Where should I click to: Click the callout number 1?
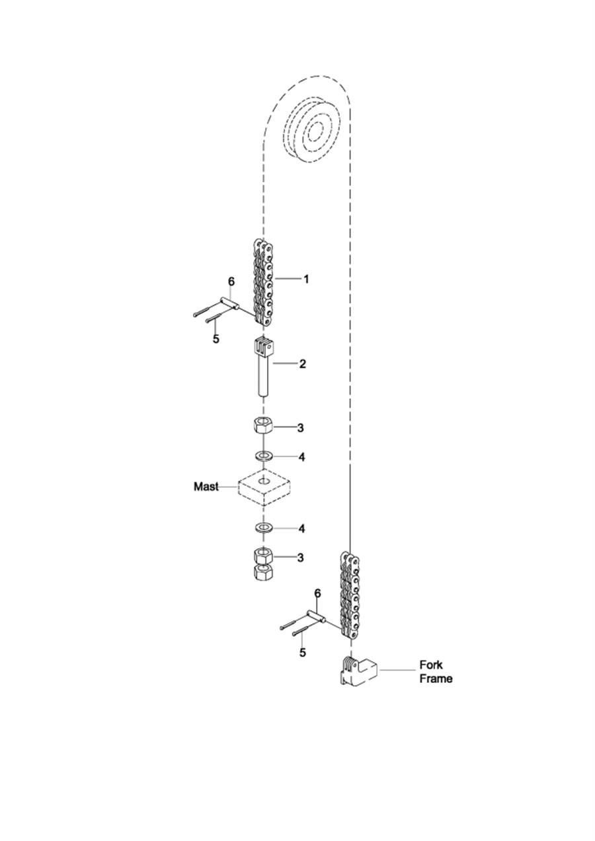coord(306,279)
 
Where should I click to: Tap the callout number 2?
coord(302,364)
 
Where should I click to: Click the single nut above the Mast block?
coord(264,425)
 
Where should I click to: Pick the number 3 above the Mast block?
coord(300,428)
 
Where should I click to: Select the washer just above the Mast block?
coord(264,456)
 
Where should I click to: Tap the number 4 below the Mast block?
coord(301,528)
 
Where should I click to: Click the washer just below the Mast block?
coord(264,528)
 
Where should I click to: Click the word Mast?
coord(206,487)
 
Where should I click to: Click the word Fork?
coord(431,664)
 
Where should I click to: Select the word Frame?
coord(436,678)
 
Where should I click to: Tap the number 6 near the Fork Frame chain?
coord(317,594)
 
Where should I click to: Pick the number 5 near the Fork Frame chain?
coord(302,653)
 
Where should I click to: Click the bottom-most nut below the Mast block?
coord(263,573)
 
